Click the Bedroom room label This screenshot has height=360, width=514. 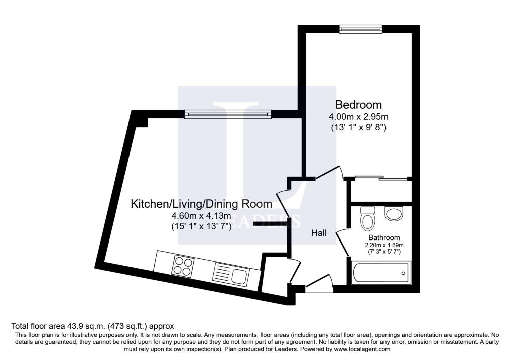pos(358,105)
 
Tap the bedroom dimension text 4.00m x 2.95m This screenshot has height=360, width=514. pos(358,117)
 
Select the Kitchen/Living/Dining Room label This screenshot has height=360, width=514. pos(201,204)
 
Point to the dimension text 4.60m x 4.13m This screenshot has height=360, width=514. pos(201,216)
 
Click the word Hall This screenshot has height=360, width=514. pos(319,233)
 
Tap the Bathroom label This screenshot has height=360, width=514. pos(384,237)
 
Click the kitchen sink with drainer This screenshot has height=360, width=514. pos(230,274)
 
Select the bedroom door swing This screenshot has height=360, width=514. pos(330,173)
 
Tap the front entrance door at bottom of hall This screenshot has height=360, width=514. pos(320,284)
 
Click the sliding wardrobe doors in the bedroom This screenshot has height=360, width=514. pos(380,178)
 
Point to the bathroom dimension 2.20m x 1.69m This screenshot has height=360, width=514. pos(384,245)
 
